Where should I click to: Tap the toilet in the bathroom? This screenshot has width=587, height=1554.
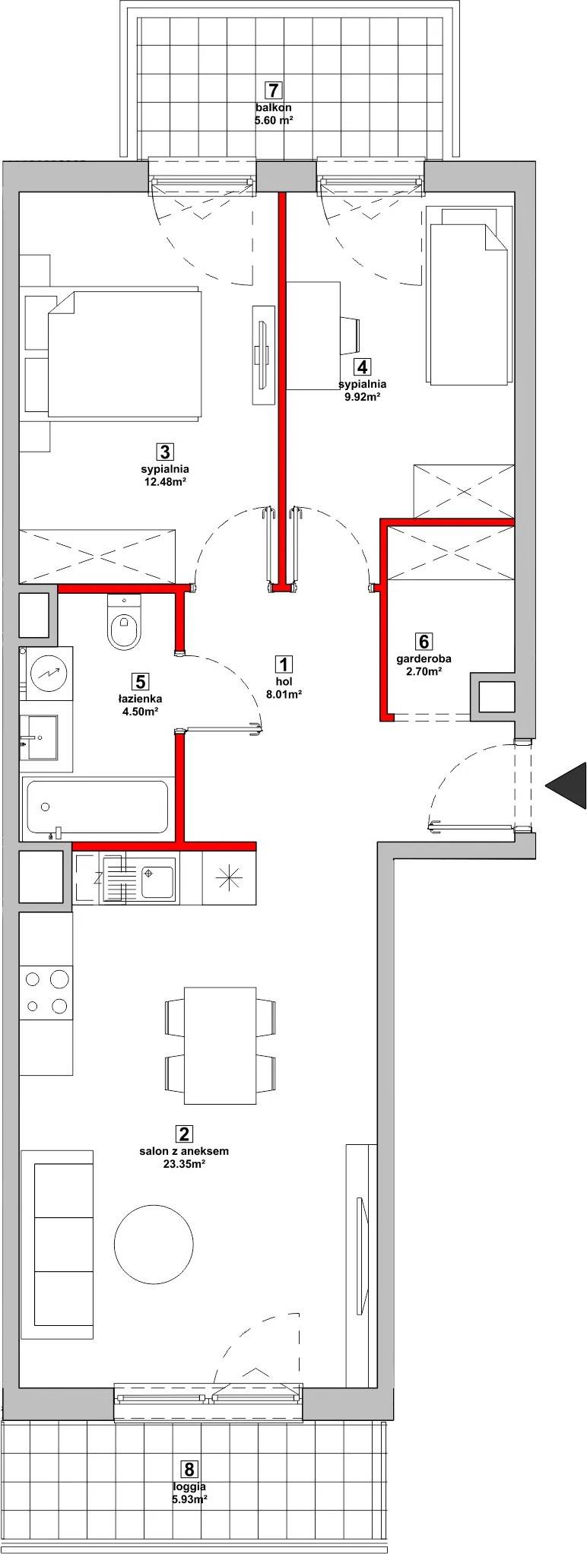pos(125,621)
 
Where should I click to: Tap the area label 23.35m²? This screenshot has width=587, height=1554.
pos(183,1164)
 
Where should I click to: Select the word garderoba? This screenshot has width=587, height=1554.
pos(424,659)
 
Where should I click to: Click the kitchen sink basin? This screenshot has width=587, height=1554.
pos(157,878)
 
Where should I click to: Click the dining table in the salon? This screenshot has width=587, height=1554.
pos(221,1045)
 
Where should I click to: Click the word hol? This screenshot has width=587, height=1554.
pos(284,682)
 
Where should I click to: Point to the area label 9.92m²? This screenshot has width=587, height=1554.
pos(361,396)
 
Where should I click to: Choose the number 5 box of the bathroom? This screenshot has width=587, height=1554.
pos(138,680)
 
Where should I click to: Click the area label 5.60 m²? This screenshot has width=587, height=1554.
pos(274,119)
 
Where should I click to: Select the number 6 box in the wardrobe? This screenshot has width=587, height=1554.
pos(424,642)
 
